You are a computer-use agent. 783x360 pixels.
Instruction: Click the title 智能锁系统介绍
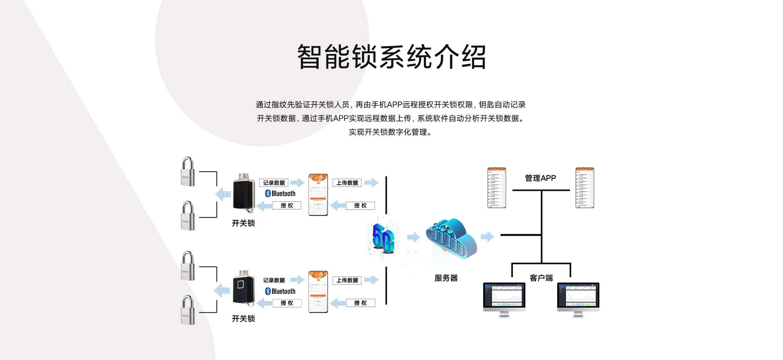[391, 57]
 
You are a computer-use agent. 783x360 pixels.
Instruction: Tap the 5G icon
[383, 238]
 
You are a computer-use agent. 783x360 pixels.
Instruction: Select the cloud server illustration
[451, 239]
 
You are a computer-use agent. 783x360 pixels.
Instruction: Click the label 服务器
[446, 278]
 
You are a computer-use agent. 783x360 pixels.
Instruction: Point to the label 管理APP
[540, 178]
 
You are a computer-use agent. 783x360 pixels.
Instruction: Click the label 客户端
[541, 278]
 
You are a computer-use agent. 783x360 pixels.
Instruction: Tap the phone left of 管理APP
[496, 188]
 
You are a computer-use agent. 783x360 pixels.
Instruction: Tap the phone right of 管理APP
[585, 188]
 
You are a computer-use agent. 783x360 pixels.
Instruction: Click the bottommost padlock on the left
[188, 310]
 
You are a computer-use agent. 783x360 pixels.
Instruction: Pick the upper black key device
[244, 193]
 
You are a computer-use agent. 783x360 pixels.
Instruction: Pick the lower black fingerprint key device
[244, 289]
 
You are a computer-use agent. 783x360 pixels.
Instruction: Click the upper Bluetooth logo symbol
[268, 193]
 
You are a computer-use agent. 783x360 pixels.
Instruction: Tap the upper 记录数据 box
[274, 183]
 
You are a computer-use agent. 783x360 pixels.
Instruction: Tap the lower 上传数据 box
[347, 280]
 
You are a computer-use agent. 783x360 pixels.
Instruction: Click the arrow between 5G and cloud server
[413, 237]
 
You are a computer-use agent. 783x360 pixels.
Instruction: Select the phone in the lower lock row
[318, 292]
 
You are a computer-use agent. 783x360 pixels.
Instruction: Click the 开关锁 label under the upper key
[243, 223]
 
